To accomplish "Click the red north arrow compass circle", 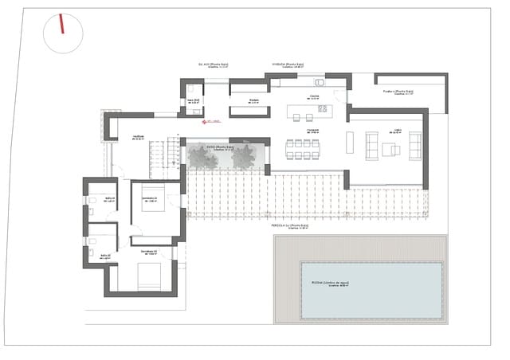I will pos(63,33).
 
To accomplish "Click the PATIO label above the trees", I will pos(220,147).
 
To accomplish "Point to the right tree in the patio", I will pos(243,158).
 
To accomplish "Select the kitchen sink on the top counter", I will pos(320,81).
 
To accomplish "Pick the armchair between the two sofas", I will pos(390,149).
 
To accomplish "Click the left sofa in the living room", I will pos(372,147).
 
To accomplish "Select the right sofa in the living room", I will pos(414,146).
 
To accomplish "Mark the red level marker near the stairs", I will pos(207,122).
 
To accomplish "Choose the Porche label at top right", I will pos(398,92).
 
